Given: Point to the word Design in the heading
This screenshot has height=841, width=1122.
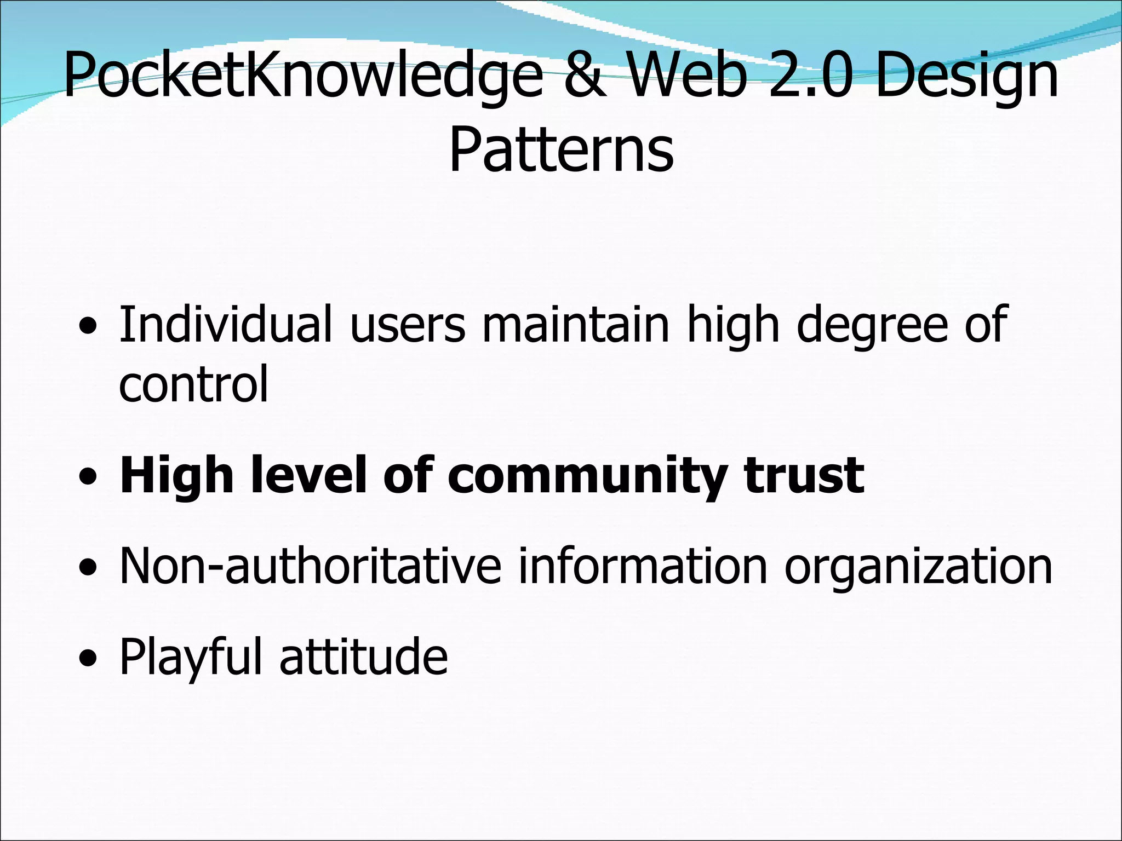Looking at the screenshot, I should (x=968, y=77).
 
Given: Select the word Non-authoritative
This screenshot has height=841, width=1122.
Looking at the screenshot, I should (x=310, y=566).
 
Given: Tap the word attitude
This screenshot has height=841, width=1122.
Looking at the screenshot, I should (x=363, y=657).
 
